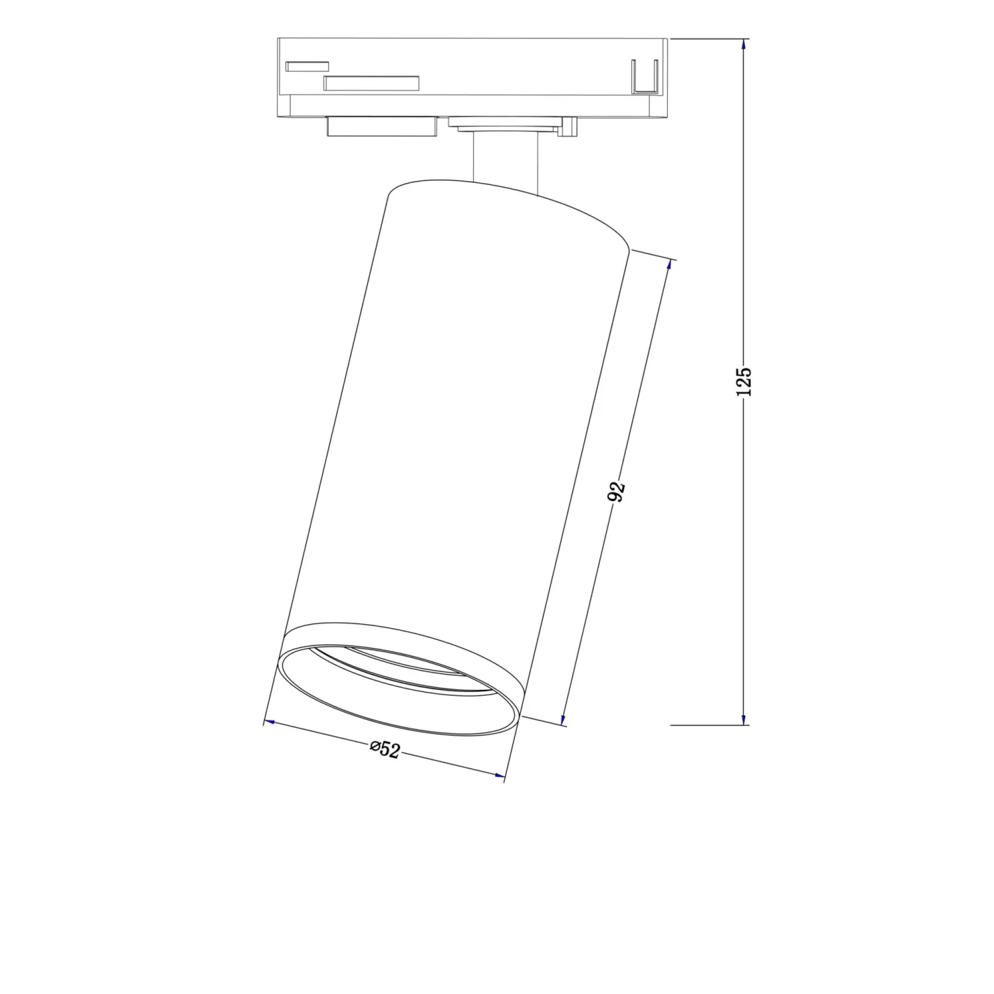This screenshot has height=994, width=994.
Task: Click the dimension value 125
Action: [x=744, y=382]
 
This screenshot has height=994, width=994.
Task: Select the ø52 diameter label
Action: [x=385, y=749]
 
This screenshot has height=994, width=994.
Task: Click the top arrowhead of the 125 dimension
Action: [x=744, y=44]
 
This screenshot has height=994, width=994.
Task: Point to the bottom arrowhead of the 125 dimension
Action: [x=744, y=719]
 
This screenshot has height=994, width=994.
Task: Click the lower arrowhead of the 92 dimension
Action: [x=564, y=719]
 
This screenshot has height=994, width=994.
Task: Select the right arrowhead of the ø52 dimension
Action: [x=498, y=775]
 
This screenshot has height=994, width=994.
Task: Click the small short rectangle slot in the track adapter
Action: [x=307, y=66]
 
